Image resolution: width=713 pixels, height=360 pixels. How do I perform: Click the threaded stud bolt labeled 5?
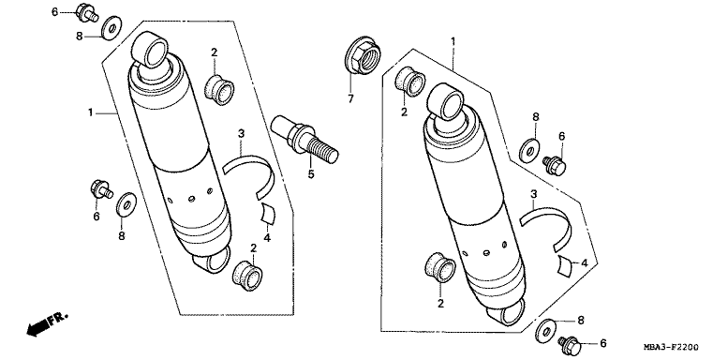coord(304,139)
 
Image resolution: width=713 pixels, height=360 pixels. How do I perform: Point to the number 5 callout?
coord(311,173)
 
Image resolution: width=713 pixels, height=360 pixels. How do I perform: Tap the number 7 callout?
coord(350,97)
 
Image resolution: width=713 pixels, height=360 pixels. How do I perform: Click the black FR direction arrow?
coord(37,327)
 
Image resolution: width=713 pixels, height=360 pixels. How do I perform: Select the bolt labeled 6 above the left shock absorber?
coord(86,12)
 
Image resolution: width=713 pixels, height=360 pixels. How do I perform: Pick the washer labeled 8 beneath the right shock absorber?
coord(547,329)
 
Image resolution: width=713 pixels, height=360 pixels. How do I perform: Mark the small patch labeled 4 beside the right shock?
coord(565,266)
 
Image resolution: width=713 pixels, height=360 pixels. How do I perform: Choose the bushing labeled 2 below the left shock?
coord(248,276)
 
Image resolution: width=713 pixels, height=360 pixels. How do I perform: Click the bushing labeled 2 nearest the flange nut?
coord(409,82)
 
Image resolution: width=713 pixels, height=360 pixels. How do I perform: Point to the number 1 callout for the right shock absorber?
coord(453,41)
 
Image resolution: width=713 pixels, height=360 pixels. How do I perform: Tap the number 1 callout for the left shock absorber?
coord(91,112)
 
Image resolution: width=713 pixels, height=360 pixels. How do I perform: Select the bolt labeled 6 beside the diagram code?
coord(571,346)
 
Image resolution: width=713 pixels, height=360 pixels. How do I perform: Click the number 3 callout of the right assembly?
coord(533,195)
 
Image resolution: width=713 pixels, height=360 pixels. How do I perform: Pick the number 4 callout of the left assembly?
coord(267,237)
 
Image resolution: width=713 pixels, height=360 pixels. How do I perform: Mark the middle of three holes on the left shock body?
coord(191,198)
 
